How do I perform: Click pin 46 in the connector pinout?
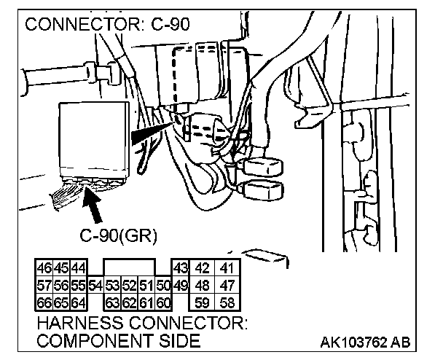click(44, 267)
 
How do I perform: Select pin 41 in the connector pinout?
click(228, 267)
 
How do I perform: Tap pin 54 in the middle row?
click(95, 286)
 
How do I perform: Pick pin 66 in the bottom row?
click(44, 302)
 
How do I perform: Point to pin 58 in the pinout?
click(228, 302)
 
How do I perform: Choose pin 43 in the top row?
click(181, 267)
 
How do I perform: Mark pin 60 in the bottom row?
click(163, 302)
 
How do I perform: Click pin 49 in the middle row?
click(181, 286)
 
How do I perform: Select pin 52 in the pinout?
click(130, 286)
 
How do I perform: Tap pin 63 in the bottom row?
click(112, 302)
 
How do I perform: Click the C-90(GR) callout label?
click(118, 235)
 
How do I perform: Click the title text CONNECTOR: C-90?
click(107, 24)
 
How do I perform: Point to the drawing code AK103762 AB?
click(365, 343)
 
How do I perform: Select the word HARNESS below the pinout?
click(80, 323)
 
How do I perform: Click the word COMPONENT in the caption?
click(95, 340)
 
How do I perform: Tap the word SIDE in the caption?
click(180, 340)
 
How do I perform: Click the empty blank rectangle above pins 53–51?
click(130, 267)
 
